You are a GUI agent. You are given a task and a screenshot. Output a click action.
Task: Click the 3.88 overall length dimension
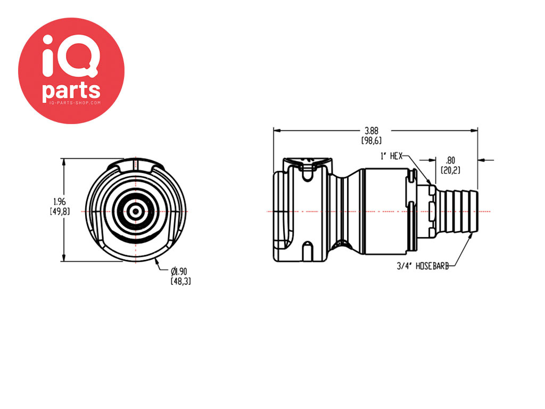coord(371,131)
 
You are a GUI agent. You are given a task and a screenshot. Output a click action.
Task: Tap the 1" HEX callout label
coord(391,156)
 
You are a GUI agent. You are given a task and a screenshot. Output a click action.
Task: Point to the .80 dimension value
coord(450,161)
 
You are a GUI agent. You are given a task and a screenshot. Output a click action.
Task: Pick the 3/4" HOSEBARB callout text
coord(423,266)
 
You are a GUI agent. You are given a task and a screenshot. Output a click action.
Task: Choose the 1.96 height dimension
coord(60,202)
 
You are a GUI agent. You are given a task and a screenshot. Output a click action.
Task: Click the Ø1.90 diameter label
coord(179,271)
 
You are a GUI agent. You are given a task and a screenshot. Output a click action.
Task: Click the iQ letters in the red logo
coord(71,55)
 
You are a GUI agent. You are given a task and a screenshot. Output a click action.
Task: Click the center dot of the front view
coord(136,211)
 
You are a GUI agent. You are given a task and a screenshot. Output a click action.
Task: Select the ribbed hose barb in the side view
coord(457,211)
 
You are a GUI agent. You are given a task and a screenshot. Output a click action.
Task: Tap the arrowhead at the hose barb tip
coord(471,235)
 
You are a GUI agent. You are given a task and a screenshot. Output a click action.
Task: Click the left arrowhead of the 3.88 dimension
coord(277,131)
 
